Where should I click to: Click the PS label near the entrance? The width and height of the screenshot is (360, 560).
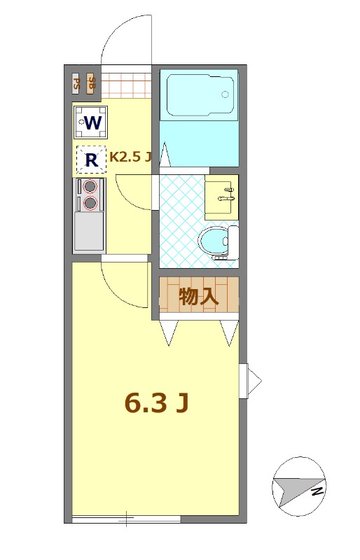[x=77, y=85]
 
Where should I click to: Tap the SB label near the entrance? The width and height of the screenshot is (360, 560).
[x=92, y=85]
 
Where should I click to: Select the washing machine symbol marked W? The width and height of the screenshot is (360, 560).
[x=90, y=123]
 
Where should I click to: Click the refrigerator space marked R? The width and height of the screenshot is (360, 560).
[x=90, y=160]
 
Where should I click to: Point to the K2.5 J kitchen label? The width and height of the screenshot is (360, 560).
[x=130, y=157]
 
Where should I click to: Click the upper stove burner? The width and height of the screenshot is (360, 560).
[x=90, y=186]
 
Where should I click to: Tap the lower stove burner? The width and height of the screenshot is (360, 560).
[x=90, y=203]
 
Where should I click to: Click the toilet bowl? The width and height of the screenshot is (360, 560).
[x=214, y=242]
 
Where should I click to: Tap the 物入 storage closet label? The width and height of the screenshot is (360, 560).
[x=199, y=296]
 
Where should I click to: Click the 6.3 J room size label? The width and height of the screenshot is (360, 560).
[x=157, y=403]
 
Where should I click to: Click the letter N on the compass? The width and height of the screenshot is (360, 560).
[x=317, y=491]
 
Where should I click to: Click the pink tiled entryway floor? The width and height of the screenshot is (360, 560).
[x=127, y=85]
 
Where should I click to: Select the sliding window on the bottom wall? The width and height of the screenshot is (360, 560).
[x=126, y=519]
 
